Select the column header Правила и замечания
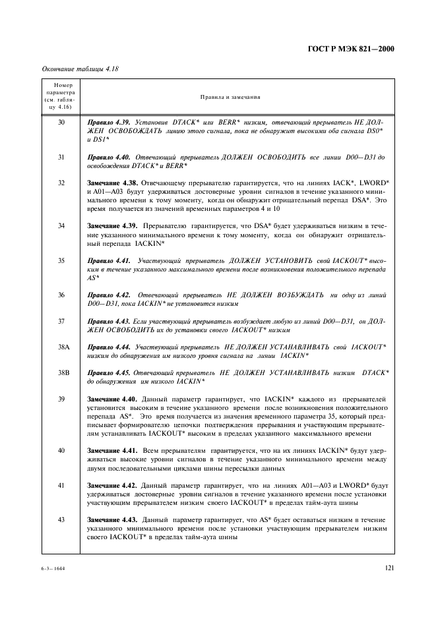point(232,97)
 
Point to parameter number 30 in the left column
point(61,123)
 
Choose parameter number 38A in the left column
point(63,346)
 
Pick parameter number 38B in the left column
point(63,372)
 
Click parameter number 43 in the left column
point(61,521)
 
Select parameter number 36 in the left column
point(61,295)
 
